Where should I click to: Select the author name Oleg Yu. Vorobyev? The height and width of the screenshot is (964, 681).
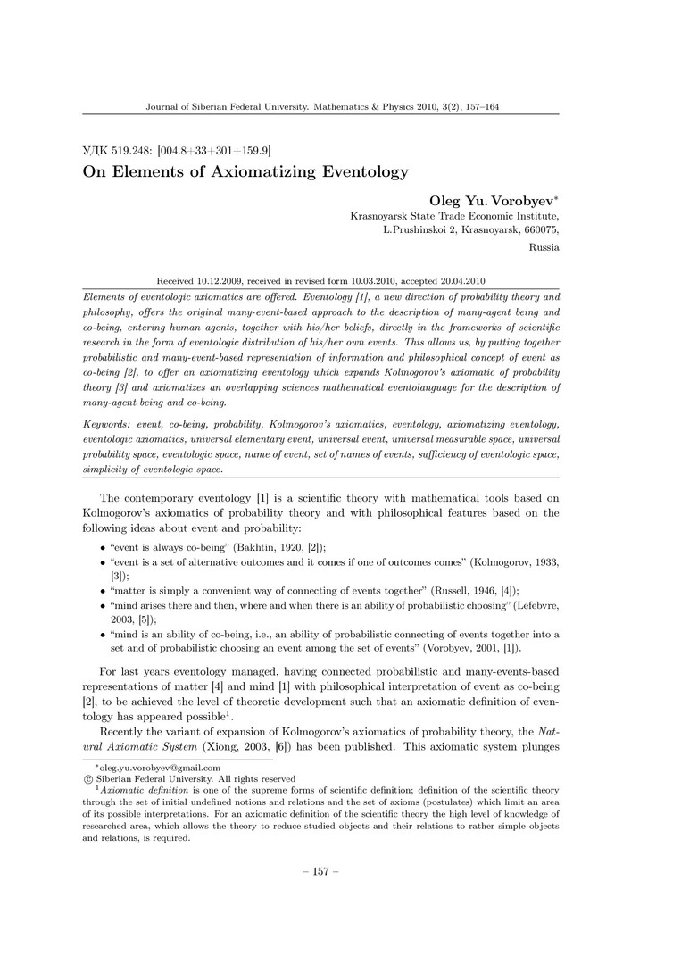pyautogui.click(x=490, y=202)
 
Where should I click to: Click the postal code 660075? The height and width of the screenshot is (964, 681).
pyautogui.click(x=539, y=230)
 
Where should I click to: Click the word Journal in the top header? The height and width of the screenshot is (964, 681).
pyautogui.click(x=163, y=106)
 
